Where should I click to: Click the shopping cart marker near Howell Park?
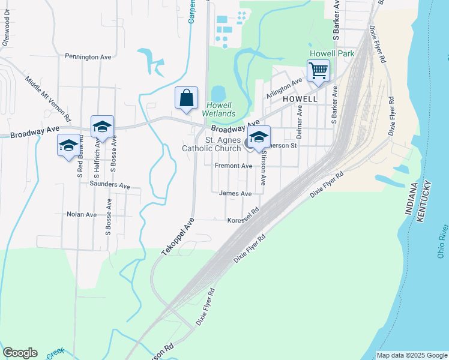318,70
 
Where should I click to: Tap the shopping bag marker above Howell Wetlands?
186,98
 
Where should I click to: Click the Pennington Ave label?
88,57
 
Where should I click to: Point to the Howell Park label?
331,53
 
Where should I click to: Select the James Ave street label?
235,194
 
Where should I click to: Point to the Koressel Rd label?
243,220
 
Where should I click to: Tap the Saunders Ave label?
109,185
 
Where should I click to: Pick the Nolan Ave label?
82,214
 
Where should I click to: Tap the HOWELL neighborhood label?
299,98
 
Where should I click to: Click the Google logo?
20,353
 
